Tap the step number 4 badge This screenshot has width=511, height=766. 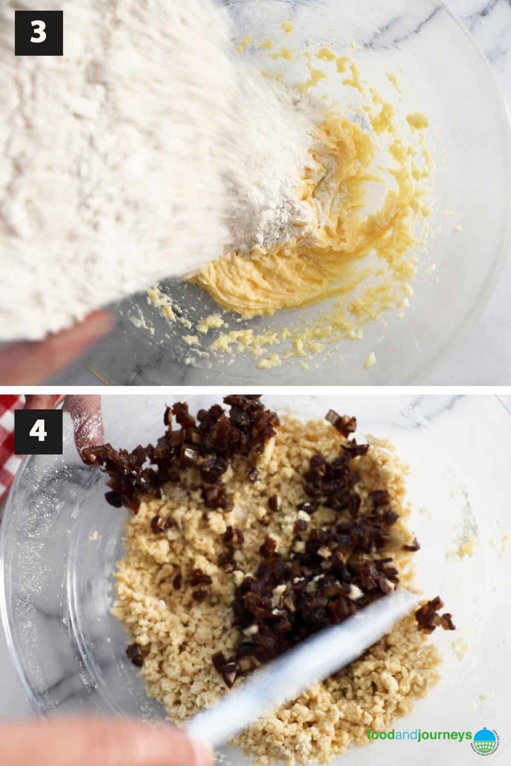coord(38,431)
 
